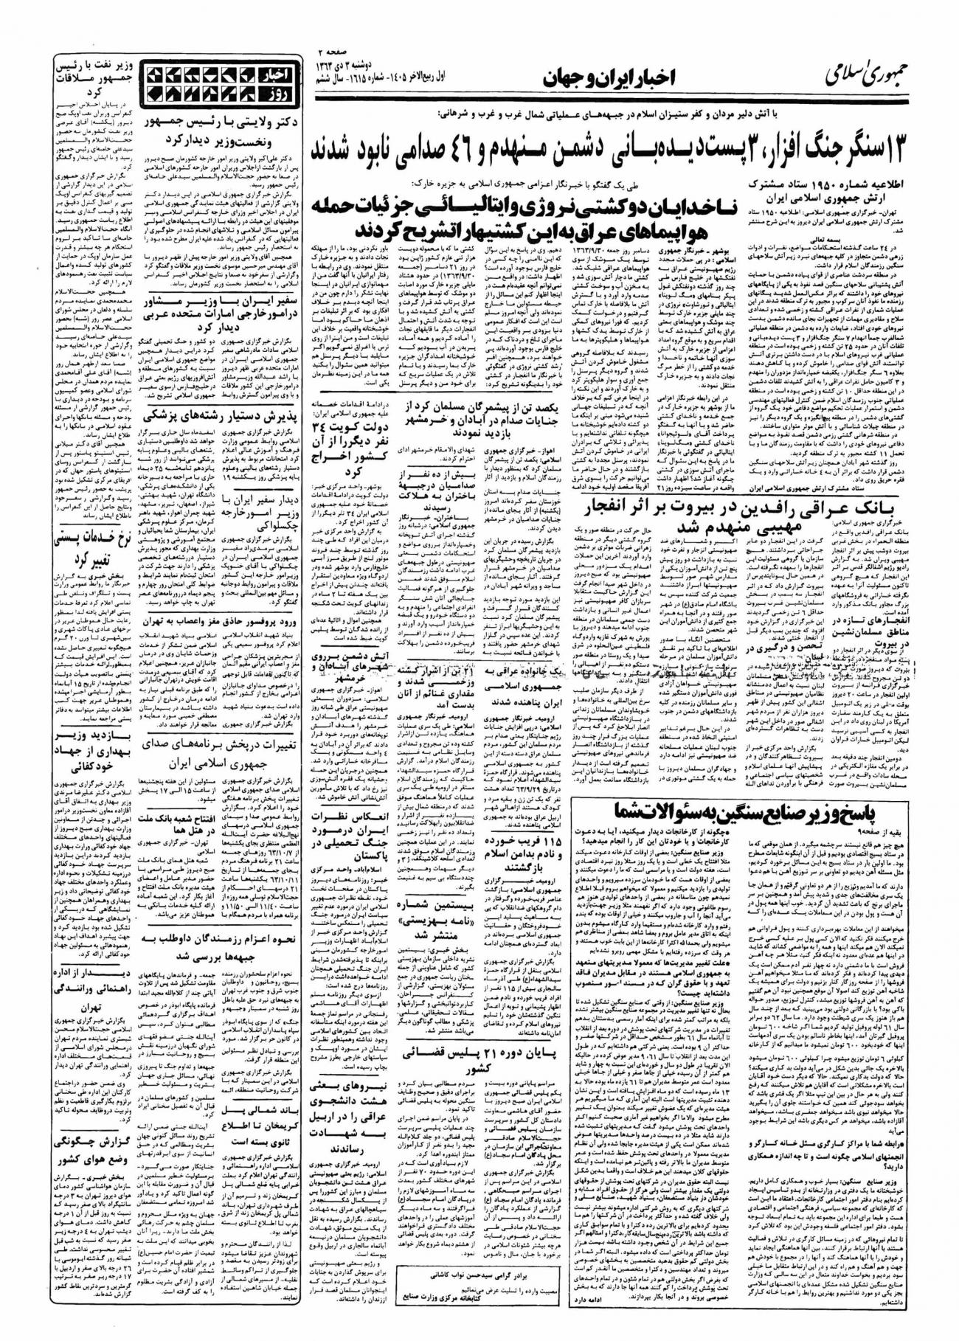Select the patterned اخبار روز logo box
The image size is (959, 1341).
(x=219, y=82)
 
